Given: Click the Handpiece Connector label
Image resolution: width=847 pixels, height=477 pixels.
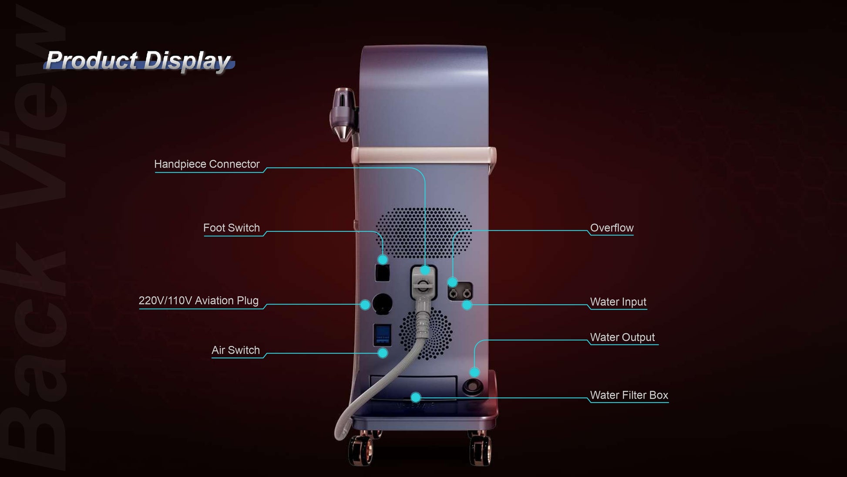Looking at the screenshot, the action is coord(207,164).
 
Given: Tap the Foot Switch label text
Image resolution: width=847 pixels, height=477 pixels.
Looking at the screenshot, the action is coord(232,228).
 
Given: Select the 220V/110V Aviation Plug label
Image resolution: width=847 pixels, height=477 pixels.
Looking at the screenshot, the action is coord(198,301).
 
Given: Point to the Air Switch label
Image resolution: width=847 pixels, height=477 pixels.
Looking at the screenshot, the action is coord(235,350).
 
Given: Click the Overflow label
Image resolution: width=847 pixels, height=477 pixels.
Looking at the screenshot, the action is coord(612,228).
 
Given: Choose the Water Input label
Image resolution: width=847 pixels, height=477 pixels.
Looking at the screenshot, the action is coord(618,302).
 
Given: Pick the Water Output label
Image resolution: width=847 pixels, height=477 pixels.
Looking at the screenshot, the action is coord(622,337).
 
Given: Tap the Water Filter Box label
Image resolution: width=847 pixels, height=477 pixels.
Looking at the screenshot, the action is coord(629,395).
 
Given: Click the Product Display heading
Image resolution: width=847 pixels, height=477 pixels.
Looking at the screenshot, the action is coord(138,61).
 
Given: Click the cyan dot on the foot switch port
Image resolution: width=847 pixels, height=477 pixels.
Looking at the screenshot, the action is coord(383,260).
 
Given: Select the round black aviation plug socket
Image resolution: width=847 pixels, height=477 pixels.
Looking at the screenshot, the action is coord(383,304).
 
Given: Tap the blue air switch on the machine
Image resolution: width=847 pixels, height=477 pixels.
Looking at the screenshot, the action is coord(383,335).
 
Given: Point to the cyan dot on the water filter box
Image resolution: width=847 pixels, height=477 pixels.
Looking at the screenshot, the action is coord(416,397).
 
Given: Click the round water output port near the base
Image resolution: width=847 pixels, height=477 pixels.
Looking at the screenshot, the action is coord(473,386).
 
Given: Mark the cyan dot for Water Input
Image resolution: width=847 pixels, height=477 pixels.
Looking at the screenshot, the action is coord(467,305).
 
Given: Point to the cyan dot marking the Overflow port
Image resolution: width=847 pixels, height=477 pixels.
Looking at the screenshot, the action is coord(453,282).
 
